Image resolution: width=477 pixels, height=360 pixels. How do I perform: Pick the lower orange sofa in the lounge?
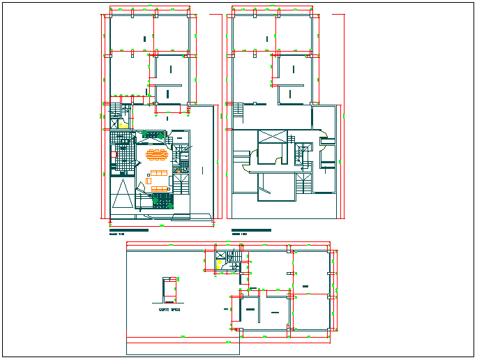pyautogui.click(x=159, y=188)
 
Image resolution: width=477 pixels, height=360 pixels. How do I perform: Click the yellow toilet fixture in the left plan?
pyautogui.click(x=122, y=125)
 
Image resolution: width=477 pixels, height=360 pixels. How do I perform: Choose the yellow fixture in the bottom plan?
pyautogui.click(x=220, y=265)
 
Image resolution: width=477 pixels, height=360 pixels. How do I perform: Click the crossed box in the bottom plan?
pyautogui.click(x=221, y=255)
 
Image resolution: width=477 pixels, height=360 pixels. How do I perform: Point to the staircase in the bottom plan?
pyautogui.click(x=235, y=257)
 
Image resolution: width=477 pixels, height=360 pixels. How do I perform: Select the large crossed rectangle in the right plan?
pyautogui.click(x=271, y=137)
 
